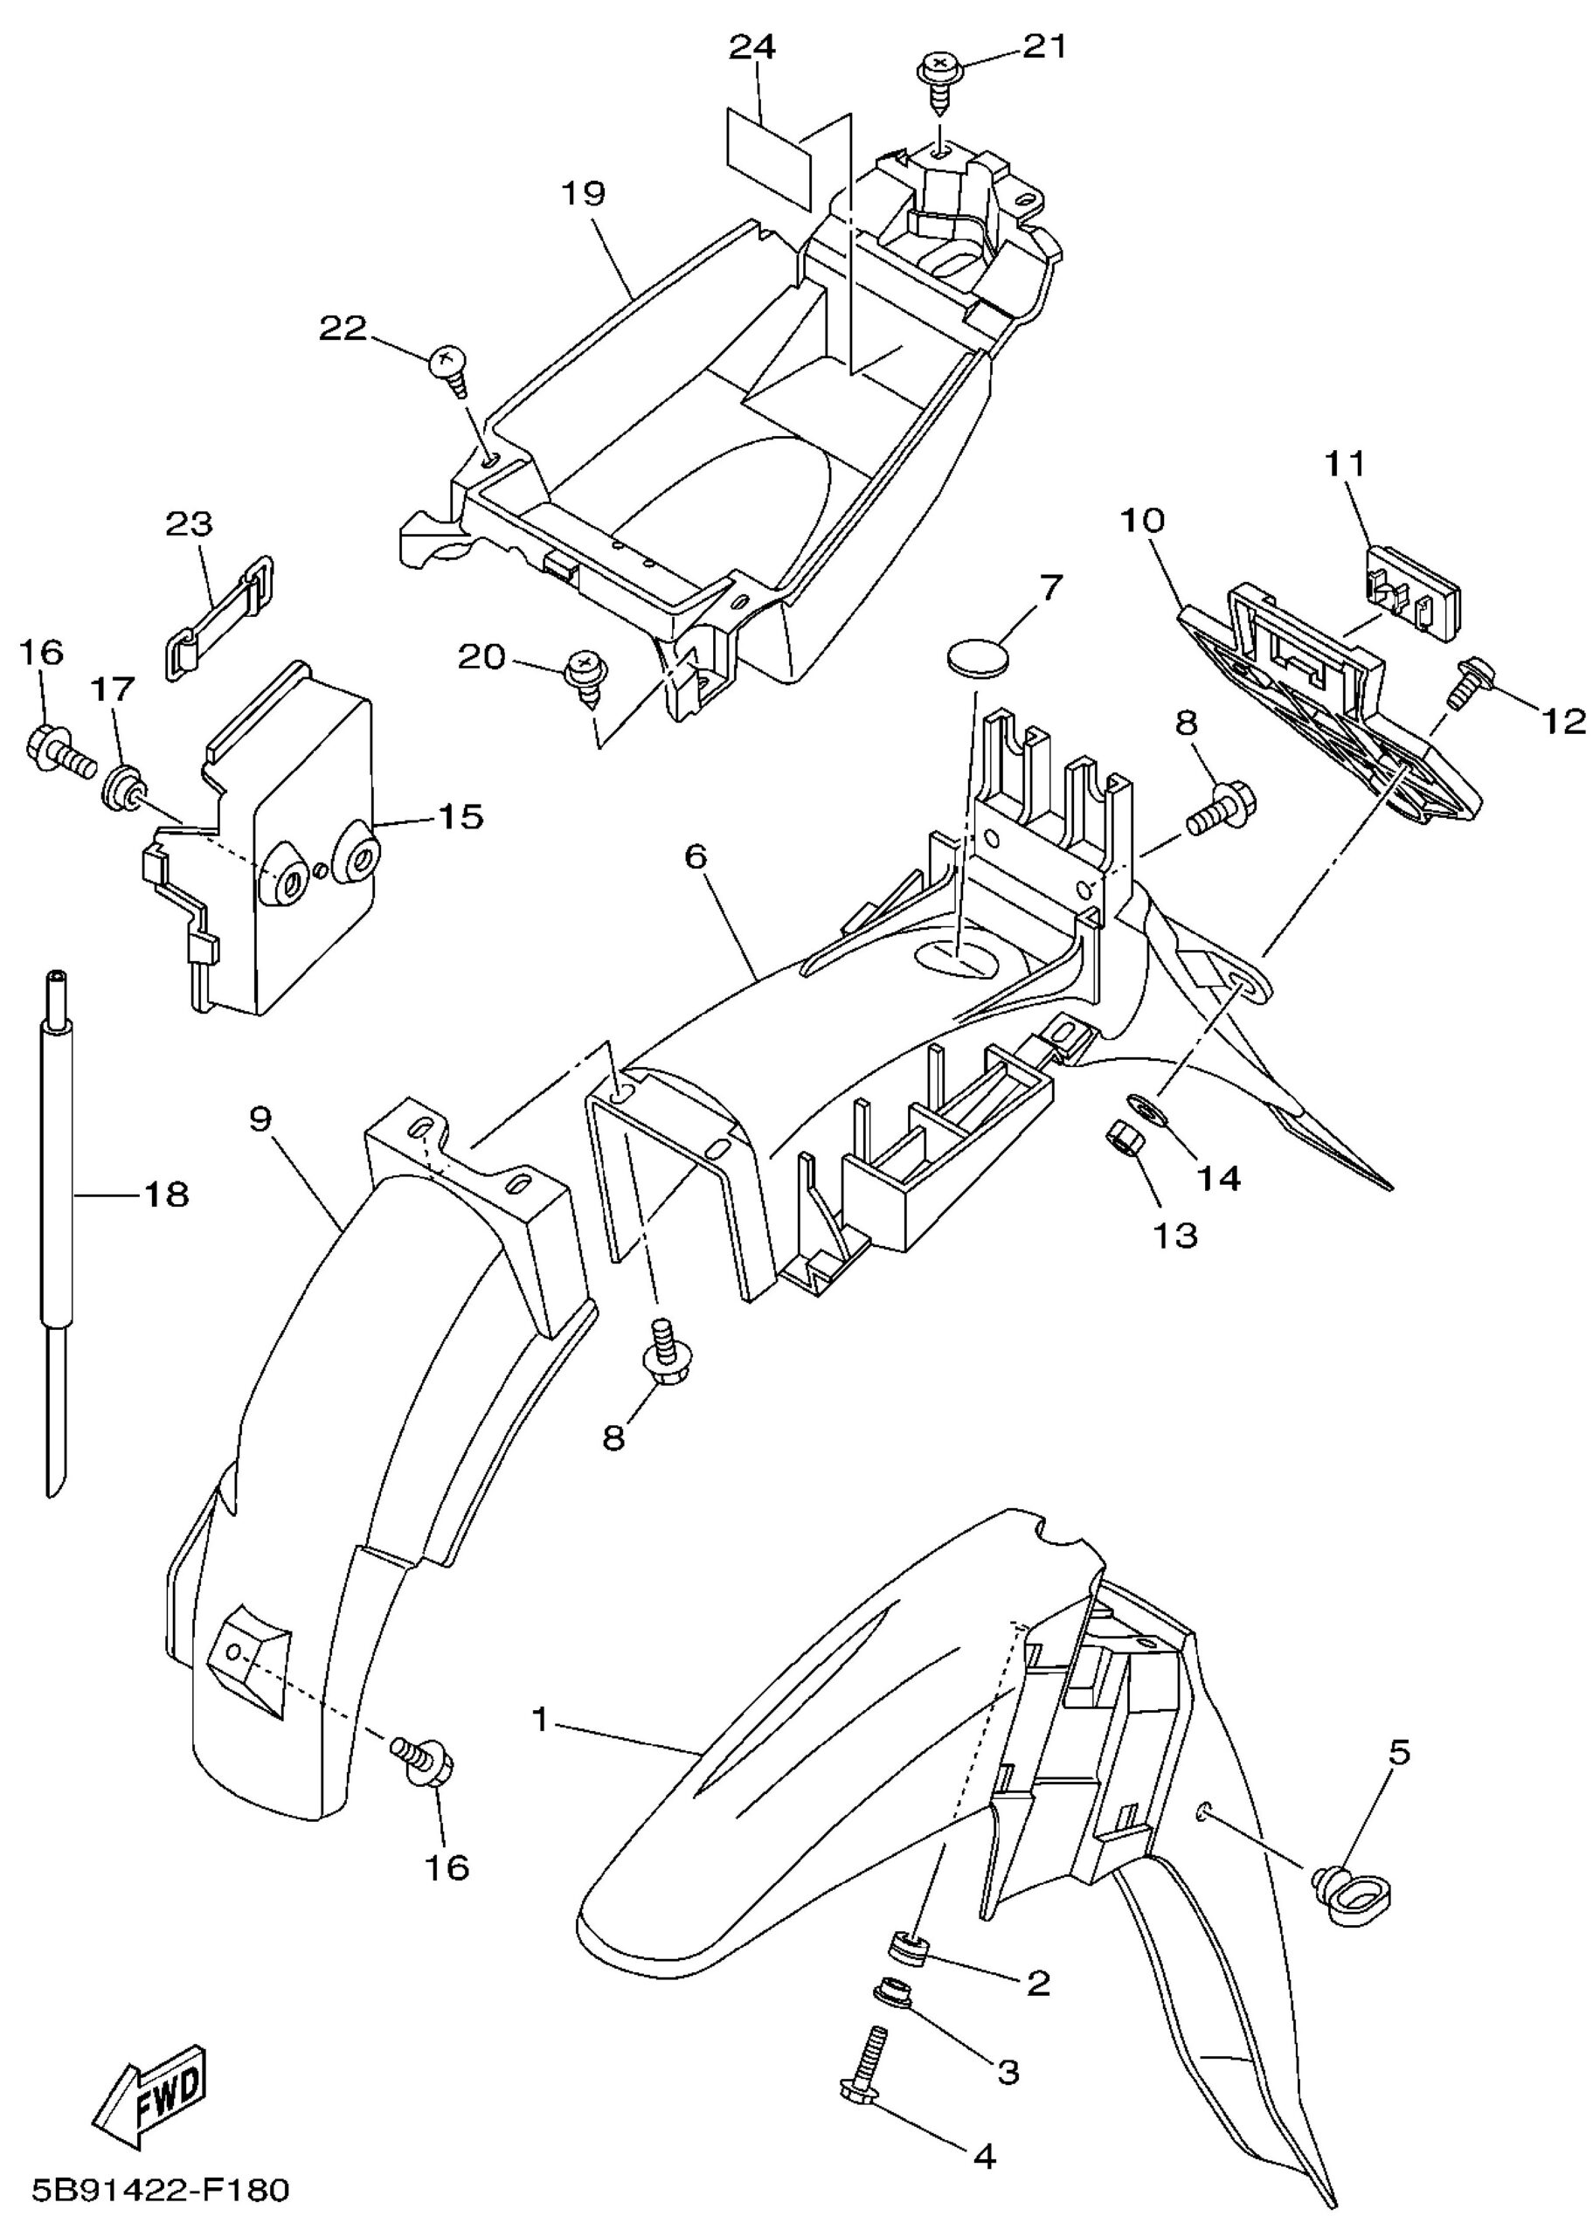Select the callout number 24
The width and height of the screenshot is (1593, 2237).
click(753, 47)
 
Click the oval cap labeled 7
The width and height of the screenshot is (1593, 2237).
click(978, 658)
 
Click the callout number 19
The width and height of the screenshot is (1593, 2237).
click(584, 193)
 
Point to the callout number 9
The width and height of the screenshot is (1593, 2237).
click(260, 1119)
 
